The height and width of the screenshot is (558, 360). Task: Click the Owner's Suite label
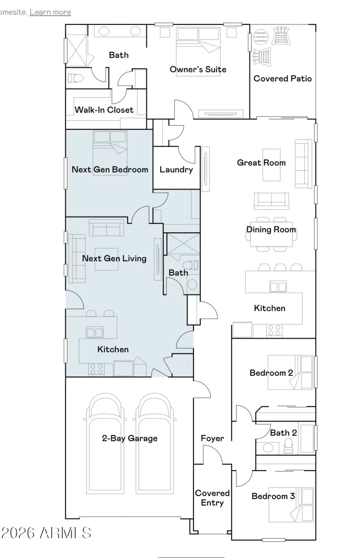pos(198,69)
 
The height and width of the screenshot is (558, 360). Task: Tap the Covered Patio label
pos(282,78)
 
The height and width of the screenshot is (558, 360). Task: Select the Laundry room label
pos(176,170)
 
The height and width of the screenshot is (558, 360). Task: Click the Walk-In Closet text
pos(104,109)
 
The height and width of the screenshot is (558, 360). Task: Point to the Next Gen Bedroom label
pos(110,170)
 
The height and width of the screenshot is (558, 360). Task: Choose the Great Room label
pos(261,163)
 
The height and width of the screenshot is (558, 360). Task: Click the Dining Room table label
pos(271,230)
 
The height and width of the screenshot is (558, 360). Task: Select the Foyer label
pos(212,438)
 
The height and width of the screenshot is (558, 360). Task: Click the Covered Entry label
pos(212,498)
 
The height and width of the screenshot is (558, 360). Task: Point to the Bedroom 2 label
pos(271,373)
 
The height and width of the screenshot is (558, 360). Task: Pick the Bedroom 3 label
pos(273,496)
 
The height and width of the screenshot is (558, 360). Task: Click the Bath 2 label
pos(283,433)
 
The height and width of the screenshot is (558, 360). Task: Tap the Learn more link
pos(50,12)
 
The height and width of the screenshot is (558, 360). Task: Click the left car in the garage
pos(105,446)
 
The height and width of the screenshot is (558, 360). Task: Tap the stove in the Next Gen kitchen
pos(96,369)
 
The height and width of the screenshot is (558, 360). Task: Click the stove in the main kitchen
pos(274,331)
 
